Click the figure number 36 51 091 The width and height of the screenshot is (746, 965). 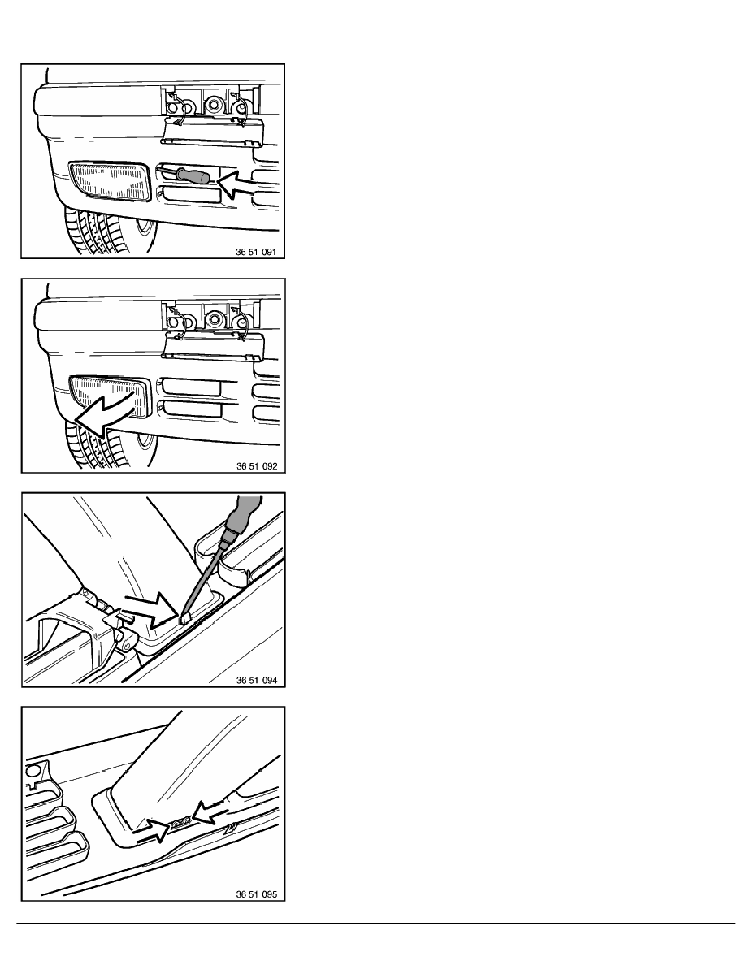256,252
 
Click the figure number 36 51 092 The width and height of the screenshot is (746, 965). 257,466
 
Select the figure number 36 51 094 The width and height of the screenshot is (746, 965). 257,680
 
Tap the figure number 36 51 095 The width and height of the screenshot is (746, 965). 257,894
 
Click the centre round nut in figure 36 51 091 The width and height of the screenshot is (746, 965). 213,105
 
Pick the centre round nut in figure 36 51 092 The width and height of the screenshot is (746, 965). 215,318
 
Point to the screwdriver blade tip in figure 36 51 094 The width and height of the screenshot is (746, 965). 183,619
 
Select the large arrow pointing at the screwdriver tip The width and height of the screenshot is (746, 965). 151,610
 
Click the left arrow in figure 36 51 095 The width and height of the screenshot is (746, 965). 152,830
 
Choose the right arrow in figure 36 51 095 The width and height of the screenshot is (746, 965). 210,811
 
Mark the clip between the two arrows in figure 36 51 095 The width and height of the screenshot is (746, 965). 181,822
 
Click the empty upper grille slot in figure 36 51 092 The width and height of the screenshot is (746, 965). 192,387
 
